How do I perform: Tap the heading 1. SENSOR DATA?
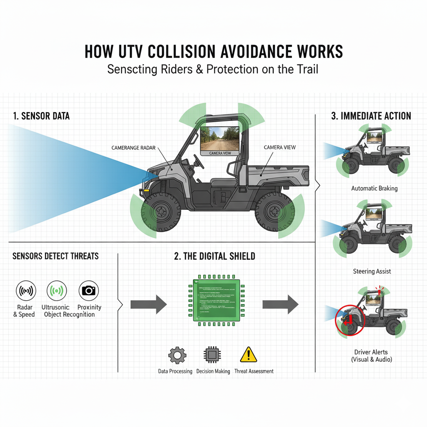pos(41,116)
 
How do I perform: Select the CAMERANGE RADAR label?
pos(137,148)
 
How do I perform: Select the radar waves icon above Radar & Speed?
pos(26,290)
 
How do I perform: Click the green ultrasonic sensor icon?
pos(57,290)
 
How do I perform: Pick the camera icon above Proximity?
pos(89,290)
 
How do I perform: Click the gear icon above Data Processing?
pos(177,355)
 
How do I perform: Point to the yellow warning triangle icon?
pos(249,355)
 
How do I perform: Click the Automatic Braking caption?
pos(374,188)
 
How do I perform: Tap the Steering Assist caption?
pos(372,271)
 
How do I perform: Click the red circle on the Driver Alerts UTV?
pos(350,320)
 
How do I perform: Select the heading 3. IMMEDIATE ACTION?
pos(371,116)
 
